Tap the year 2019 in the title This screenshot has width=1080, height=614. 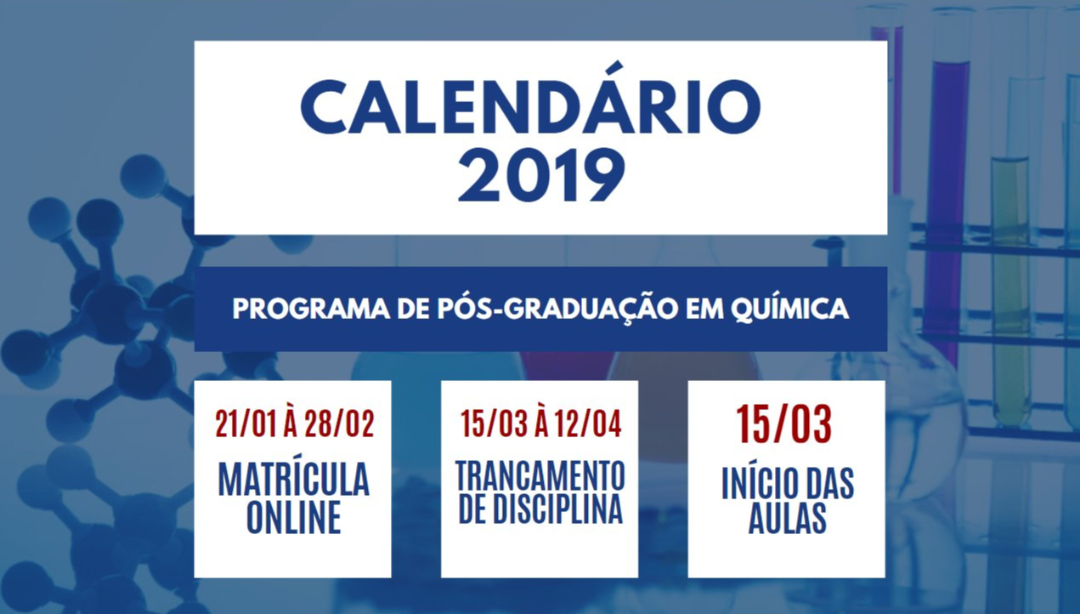541,174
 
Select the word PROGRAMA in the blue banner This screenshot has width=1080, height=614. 311,309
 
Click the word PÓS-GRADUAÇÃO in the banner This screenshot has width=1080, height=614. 557,308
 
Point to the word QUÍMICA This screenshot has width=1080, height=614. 789,308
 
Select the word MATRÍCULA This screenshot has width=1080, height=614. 293,479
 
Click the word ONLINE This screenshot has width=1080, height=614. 293,517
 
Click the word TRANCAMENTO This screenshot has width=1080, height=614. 540,475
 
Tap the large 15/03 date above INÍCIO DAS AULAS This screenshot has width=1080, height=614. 784,424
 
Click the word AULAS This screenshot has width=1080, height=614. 788,517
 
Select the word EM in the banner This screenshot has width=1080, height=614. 704,309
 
